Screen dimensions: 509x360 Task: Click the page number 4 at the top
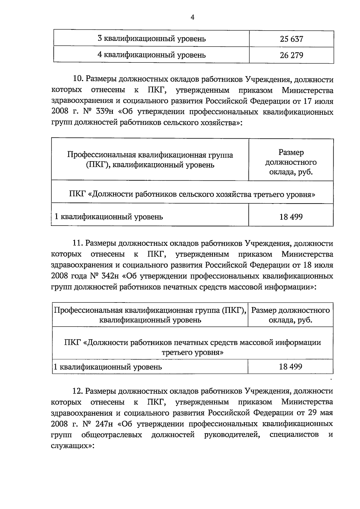[193, 18]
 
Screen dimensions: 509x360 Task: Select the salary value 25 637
[291, 39]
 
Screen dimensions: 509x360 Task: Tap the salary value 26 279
[291, 55]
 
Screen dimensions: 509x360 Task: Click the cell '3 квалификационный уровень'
[151, 39]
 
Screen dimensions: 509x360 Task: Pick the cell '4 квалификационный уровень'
[151, 55]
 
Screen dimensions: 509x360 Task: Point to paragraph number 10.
[78, 80]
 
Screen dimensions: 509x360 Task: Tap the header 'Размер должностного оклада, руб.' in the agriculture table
[291, 162]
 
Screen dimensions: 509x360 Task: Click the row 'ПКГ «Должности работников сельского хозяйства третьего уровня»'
[192, 194]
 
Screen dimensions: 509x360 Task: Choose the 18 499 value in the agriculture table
[291, 216]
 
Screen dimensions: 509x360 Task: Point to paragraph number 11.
[77, 243]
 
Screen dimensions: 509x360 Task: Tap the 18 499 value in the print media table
[290, 366]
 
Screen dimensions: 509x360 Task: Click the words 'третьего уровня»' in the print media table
[192, 352]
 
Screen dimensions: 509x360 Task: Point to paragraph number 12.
[77, 391]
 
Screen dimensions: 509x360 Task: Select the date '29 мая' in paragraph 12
[320, 413]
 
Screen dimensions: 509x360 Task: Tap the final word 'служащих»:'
[73, 446]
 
